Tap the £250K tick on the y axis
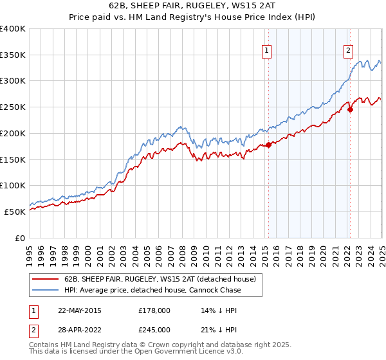[x=13, y=107]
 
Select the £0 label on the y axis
[x=21, y=238]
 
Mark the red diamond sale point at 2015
[x=268, y=145]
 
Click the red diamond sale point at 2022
[x=351, y=109]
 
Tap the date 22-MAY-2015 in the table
[x=79, y=310]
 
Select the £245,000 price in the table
[x=154, y=329]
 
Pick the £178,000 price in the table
[x=154, y=310]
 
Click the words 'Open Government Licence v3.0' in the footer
[x=183, y=353]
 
